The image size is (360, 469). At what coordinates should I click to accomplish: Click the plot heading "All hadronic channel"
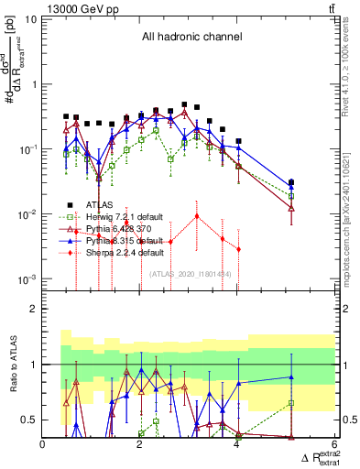[191, 37]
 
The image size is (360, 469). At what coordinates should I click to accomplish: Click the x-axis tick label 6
[333, 446]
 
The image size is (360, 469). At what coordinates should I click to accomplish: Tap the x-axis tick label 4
[236, 446]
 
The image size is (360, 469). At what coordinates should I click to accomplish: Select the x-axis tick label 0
[43, 446]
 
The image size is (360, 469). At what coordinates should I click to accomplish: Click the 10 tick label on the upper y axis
[30, 19]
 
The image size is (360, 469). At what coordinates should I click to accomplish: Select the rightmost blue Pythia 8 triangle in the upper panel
[291, 188]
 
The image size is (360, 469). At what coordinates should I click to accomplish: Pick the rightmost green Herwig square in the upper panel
[291, 196]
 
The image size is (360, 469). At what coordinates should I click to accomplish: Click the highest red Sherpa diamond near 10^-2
[196, 216]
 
